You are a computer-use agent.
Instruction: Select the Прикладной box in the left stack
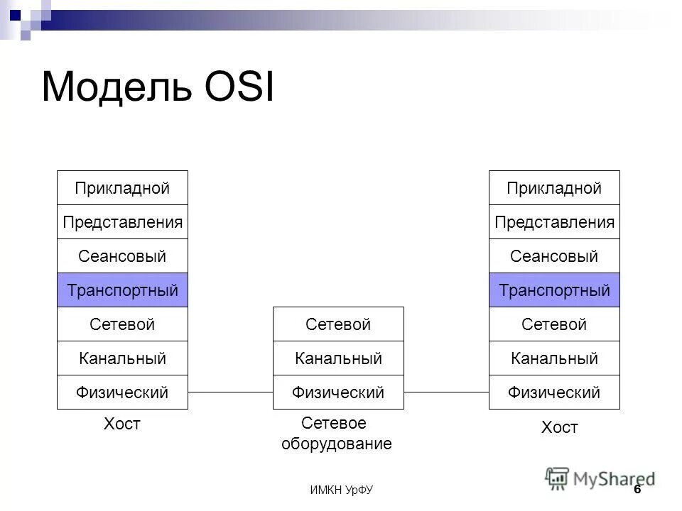coord(122,188)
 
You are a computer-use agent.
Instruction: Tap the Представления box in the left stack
coord(122,222)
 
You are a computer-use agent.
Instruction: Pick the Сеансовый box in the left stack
coord(122,256)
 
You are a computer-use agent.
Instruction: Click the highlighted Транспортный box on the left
coord(122,290)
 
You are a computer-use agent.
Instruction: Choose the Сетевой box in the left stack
coord(122,324)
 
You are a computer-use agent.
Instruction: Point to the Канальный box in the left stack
coord(122,358)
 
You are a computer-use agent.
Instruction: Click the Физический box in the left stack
coord(122,392)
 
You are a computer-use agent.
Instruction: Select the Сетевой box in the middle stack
coord(338,324)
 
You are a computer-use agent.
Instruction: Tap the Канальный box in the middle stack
coord(338,358)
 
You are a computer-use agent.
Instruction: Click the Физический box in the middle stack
coord(338,392)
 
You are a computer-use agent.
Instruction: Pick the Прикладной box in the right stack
coord(554,188)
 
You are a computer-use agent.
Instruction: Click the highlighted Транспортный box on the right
coord(554,290)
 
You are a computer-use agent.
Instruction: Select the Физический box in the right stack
coord(554,392)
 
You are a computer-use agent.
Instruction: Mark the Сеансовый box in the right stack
coord(554,256)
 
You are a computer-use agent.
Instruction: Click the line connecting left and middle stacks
coord(230,392)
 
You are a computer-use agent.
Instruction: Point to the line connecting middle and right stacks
coord(446,392)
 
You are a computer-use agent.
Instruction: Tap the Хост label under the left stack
coord(122,424)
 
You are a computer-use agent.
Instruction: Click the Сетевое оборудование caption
coord(336,434)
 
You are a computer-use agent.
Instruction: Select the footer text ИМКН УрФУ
coord(342,490)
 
